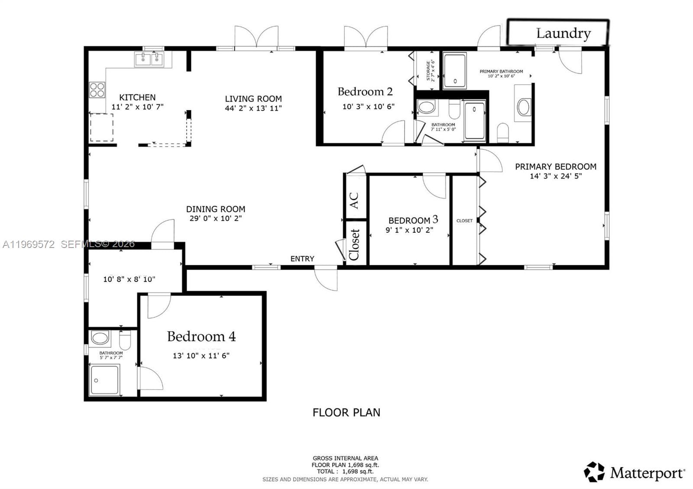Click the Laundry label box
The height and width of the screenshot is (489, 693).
tap(558, 32)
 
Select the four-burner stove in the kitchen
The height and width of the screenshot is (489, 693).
tap(97, 90)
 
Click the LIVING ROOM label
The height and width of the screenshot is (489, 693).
tap(253, 99)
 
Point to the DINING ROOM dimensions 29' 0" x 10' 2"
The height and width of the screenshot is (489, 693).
tap(215, 219)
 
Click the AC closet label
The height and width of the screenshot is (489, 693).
tap(354, 200)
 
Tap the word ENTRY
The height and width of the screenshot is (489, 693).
tap(302, 259)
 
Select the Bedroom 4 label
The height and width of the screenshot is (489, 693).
tap(201, 337)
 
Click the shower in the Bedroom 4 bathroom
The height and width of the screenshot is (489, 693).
tap(104, 380)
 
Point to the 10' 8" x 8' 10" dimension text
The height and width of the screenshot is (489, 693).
tap(129, 280)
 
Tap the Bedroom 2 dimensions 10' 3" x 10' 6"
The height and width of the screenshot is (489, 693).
tap(368, 106)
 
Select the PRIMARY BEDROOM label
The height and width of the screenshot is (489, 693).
tap(555, 167)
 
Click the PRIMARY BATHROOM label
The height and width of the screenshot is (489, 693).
tap(501, 71)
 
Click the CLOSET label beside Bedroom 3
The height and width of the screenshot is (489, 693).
tap(464, 221)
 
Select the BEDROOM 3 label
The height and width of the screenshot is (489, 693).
tap(413, 220)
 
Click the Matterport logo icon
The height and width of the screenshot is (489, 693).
tap(594, 472)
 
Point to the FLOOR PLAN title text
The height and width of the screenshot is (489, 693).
tap(346, 412)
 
